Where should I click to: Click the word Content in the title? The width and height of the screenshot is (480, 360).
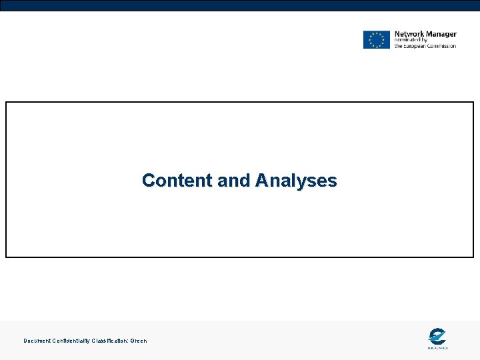(x=172, y=181)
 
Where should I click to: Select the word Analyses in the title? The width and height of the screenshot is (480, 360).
(x=296, y=181)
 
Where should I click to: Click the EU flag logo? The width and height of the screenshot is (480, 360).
(x=376, y=39)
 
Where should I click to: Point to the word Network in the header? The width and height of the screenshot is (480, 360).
(x=409, y=34)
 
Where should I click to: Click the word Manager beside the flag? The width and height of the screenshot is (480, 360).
(x=441, y=34)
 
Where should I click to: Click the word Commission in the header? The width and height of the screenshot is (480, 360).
(x=443, y=46)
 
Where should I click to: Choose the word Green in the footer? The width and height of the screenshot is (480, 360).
(x=139, y=341)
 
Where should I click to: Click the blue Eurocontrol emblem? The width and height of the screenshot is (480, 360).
(x=437, y=336)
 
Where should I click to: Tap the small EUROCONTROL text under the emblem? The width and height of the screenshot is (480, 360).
(x=437, y=347)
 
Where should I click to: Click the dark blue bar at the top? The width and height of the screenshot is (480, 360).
(x=240, y=5)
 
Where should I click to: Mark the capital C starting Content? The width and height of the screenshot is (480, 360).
(x=148, y=181)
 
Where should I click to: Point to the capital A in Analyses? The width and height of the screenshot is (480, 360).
(x=261, y=181)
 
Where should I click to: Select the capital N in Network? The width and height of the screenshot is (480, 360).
(x=397, y=34)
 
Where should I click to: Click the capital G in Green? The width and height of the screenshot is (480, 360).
(x=132, y=341)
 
